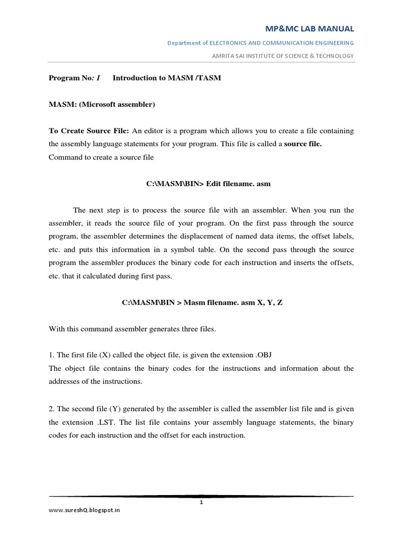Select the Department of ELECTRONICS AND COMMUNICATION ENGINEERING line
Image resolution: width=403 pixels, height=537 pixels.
click(x=260, y=42)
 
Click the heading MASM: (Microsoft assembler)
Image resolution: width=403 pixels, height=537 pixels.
click(x=102, y=104)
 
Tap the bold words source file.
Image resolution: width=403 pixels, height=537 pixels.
click(x=302, y=144)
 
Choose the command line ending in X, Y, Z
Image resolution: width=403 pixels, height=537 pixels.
click(x=201, y=303)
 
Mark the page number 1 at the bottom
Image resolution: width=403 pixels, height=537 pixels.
click(x=201, y=502)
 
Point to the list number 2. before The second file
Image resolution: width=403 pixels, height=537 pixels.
click(x=51, y=409)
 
